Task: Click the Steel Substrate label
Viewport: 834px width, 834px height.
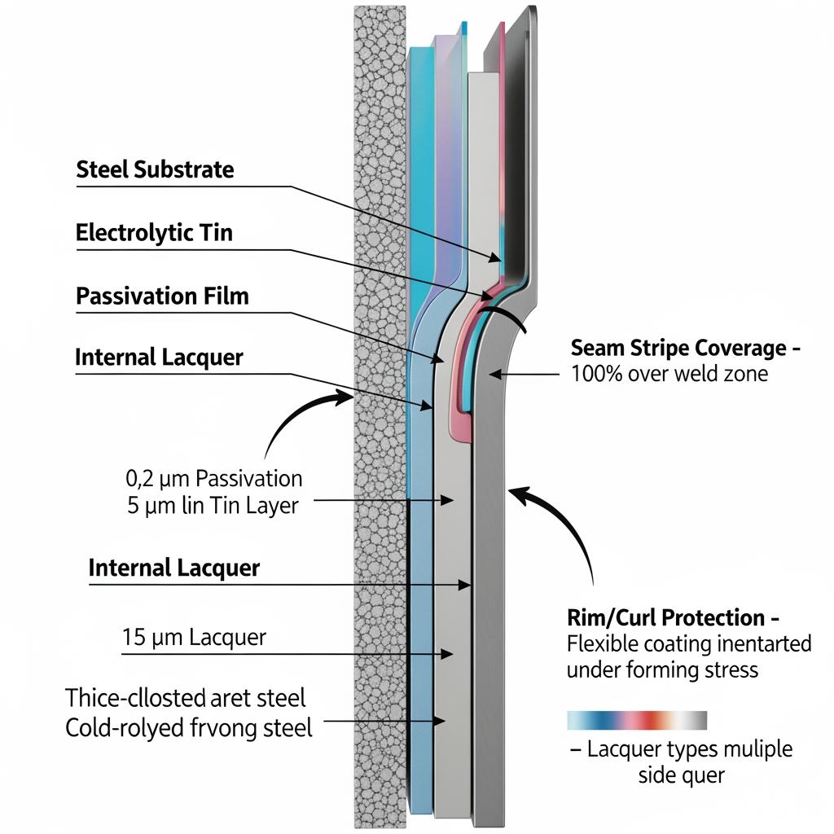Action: (x=155, y=169)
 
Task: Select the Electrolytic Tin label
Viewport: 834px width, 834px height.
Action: (x=154, y=233)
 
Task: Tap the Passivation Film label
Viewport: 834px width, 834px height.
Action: (x=162, y=296)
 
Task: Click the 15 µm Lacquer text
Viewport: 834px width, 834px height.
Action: (x=194, y=637)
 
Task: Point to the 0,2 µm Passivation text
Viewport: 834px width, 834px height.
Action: (x=214, y=479)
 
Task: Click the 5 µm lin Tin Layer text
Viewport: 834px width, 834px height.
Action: (x=213, y=505)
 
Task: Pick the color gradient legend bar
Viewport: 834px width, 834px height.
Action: (x=637, y=721)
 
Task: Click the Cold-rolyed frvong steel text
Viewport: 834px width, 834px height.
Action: (x=188, y=727)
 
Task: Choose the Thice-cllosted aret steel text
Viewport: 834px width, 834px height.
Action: (x=185, y=698)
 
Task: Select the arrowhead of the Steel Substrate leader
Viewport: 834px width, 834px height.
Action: (x=501, y=259)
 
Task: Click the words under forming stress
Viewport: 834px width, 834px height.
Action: (x=662, y=671)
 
